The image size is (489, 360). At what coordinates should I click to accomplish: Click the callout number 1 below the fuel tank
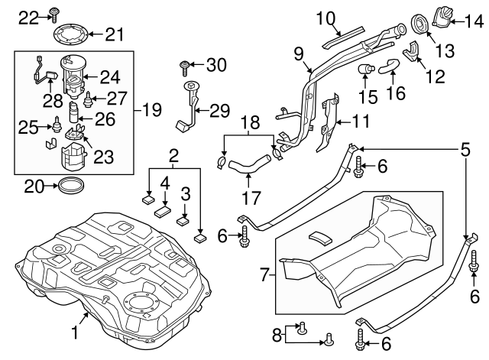pyautogui.click(x=75, y=333)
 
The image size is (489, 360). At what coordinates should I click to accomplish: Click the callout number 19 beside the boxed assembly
pyautogui.click(x=152, y=110)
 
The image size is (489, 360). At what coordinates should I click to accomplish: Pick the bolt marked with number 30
pyautogui.click(x=184, y=66)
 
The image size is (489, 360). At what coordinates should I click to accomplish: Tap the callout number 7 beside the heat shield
pyautogui.click(x=262, y=272)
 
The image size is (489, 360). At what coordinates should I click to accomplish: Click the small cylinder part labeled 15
pyautogui.click(x=366, y=72)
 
